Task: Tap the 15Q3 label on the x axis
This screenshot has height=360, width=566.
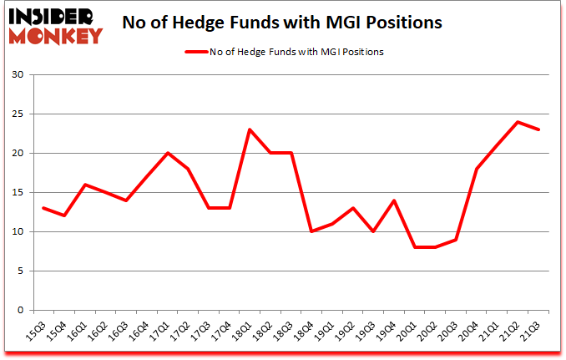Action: (x=39, y=332)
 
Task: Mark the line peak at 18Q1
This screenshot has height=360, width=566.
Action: (x=250, y=129)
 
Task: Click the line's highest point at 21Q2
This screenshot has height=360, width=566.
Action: (x=517, y=122)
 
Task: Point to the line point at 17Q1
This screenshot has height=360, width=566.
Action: (x=168, y=153)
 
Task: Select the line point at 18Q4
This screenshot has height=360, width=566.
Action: (x=311, y=231)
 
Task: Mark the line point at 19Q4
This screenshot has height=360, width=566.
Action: (x=393, y=200)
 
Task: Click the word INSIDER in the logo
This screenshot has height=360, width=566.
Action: (x=54, y=16)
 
